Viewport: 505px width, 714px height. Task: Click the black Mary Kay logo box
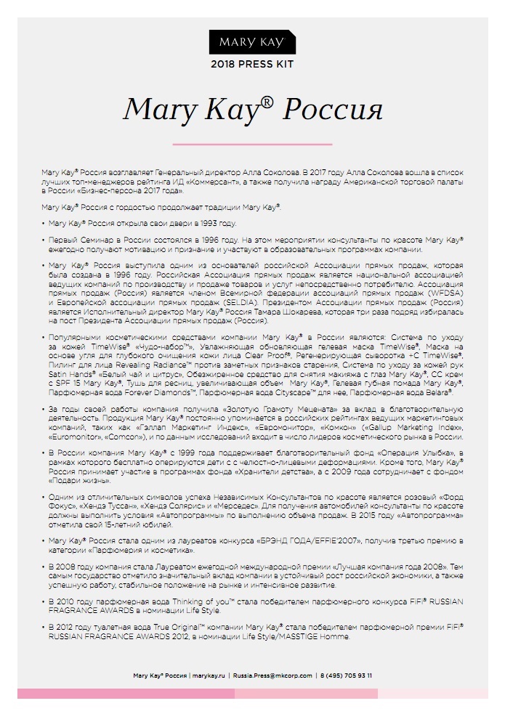tap(252, 43)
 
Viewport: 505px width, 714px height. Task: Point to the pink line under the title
tap(252, 144)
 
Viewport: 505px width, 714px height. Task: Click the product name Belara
tap(435, 391)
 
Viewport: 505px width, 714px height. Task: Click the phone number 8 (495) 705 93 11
tap(347, 675)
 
